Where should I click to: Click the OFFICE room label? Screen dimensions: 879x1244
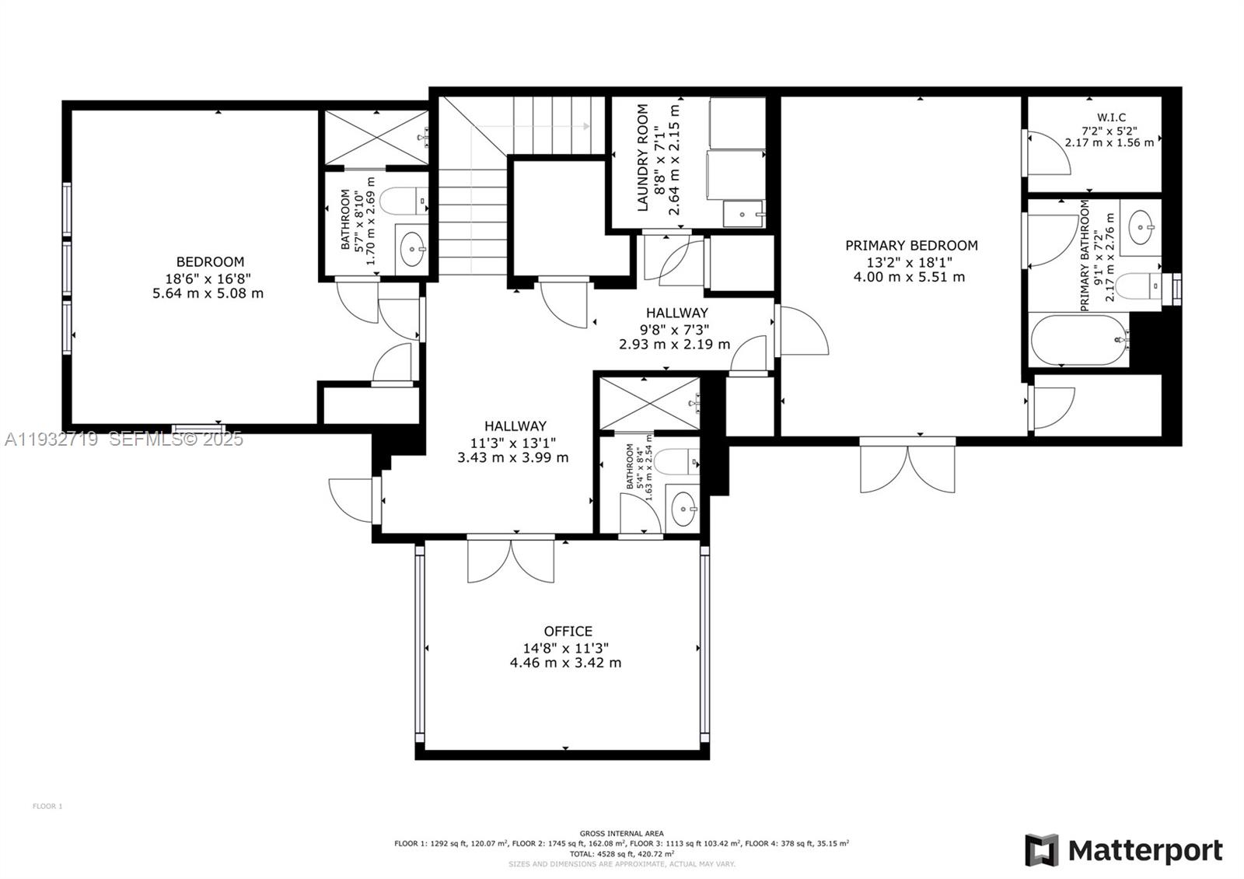[x=568, y=631]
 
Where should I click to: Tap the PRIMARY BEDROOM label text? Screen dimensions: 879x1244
[x=911, y=246]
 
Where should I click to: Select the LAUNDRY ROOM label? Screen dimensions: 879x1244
[x=643, y=158]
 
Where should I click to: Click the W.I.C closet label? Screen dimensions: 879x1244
[x=1112, y=117]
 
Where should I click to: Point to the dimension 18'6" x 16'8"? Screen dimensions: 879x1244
[x=208, y=278]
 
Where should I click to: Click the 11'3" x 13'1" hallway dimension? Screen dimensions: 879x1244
[x=513, y=442]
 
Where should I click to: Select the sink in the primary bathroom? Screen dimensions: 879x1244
[x=1141, y=227]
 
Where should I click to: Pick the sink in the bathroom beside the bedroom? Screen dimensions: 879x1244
[x=411, y=250]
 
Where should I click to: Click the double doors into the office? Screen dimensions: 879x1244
[x=511, y=559]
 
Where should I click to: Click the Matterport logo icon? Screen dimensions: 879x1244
[x=1041, y=850]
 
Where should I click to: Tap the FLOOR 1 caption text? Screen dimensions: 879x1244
[x=47, y=807]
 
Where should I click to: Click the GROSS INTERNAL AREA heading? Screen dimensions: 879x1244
[x=621, y=833]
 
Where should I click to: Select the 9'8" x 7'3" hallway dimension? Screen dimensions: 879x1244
[x=675, y=329]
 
